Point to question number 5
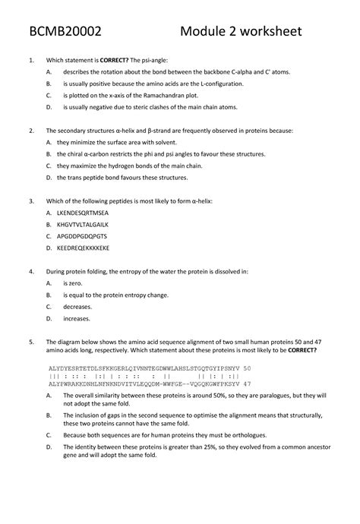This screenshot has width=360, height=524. point(29,342)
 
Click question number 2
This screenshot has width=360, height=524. point(29,131)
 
